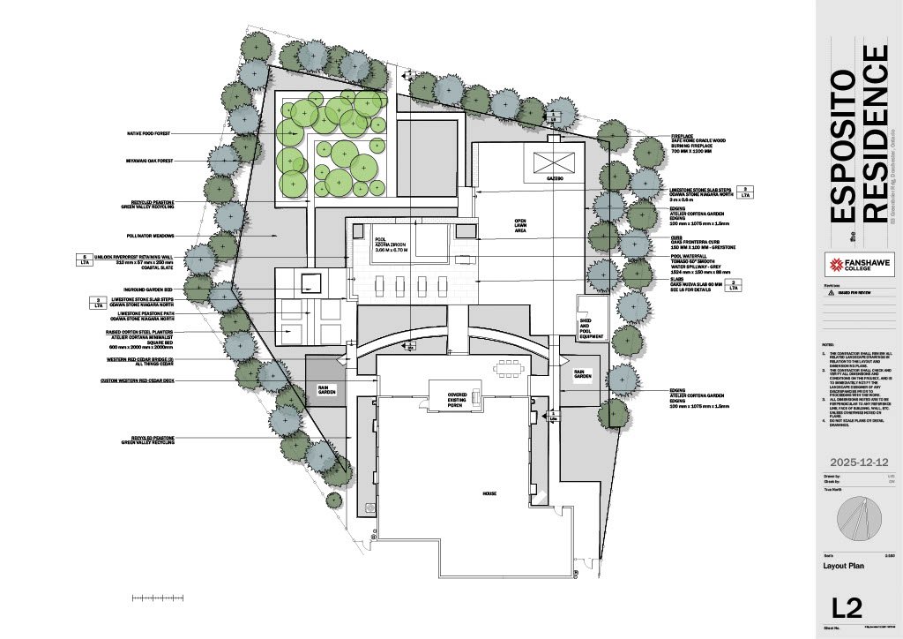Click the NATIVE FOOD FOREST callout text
click(148, 133)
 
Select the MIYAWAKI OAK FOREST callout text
click(149, 162)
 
